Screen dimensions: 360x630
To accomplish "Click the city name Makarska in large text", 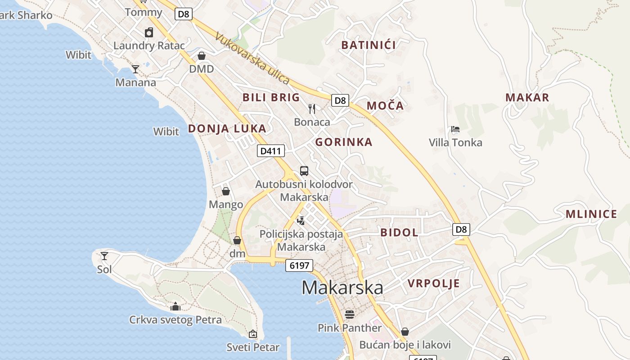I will tap(342, 288).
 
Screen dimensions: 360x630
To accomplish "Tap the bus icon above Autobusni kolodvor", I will tap(304, 171).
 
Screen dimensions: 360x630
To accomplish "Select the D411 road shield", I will tap(271, 151).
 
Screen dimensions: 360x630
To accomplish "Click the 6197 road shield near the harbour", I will tap(299, 265).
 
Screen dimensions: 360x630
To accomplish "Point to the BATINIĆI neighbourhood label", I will tap(369, 45).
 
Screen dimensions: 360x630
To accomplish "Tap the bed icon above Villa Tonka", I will tap(455, 130).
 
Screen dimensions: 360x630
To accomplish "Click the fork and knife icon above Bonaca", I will tap(312, 108).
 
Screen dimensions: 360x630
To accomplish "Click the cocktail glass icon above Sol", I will tap(104, 256).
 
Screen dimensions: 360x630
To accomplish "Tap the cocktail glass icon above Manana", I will tap(135, 69).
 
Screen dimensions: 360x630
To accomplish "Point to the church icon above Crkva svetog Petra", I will tap(175, 307).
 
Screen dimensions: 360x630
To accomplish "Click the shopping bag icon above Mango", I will tap(226, 191).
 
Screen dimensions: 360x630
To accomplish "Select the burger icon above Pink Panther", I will tap(349, 314).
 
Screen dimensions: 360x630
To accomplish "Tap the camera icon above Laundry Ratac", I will tap(149, 32).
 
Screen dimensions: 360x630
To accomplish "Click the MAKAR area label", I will tap(527, 98).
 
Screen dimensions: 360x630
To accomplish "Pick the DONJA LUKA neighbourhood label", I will tap(227, 129).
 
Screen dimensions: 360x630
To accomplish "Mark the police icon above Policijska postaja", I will tap(301, 220).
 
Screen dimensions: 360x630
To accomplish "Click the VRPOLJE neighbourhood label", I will tap(434, 283).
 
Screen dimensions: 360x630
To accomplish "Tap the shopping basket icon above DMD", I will tap(202, 56).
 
